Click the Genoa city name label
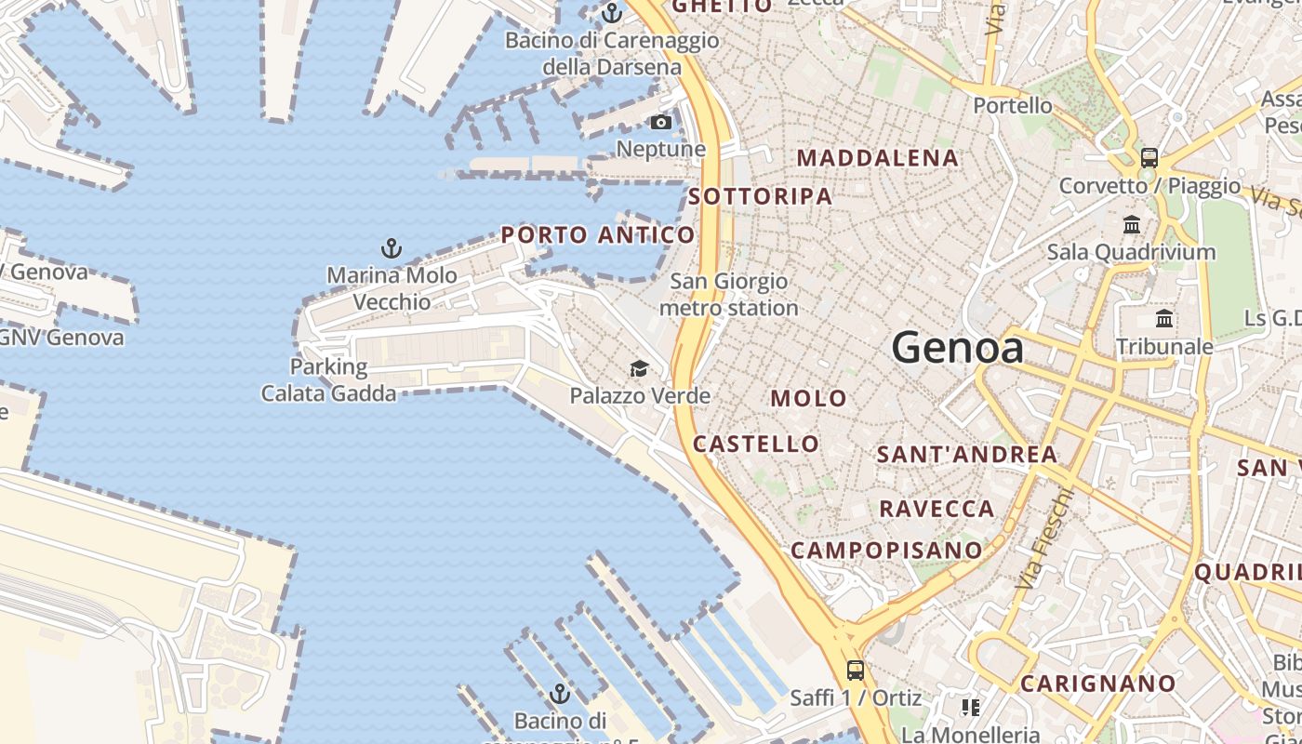tap(958, 349)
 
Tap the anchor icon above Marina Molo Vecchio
tap(392, 248)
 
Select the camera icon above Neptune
tap(661, 122)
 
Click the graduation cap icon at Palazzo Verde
tap(639, 369)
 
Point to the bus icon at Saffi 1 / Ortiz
tap(855, 670)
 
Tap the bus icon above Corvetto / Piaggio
tap(1149, 157)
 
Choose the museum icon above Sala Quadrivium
tap(1132, 224)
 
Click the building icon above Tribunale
tap(1164, 319)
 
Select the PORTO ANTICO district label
tap(598, 235)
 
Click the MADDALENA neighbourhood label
tap(877, 158)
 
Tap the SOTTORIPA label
tap(761, 196)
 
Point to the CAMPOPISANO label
tap(886, 551)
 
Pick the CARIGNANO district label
tap(1098, 684)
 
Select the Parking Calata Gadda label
tap(328, 379)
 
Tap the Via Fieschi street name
tap(1045, 537)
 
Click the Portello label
tap(1013, 105)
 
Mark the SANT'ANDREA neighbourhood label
tap(967, 455)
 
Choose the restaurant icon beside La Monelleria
tap(971, 708)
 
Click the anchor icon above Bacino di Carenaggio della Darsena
tap(611, 13)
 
